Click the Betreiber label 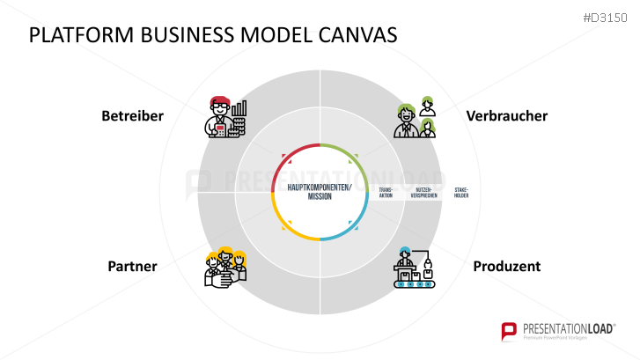(x=132, y=116)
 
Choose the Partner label (x=132, y=266)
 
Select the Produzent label (x=506, y=266)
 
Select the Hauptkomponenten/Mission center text (x=319, y=192)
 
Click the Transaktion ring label (x=386, y=192)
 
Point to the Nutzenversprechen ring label (x=423, y=192)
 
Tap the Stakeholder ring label (x=461, y=192)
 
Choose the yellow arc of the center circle (x=288, y=226)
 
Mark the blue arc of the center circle (x=351, y=226)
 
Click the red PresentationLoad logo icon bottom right (x=509, y=332)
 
